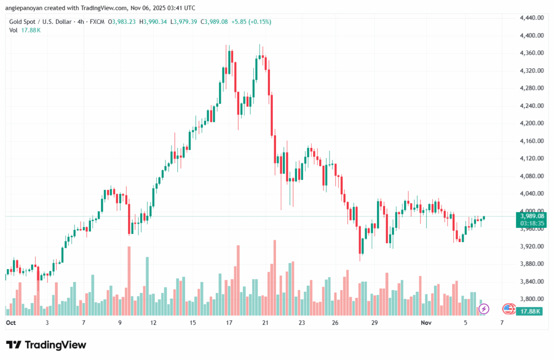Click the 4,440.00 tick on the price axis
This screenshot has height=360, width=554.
[531, 18]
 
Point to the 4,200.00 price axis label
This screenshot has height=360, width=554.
[531, 123]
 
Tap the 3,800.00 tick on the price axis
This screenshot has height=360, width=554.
[531, 299]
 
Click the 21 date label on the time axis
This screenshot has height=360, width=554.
[265, 323]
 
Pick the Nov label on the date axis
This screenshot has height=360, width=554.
[426, 323]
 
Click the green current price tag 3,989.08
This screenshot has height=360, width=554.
[531, 216]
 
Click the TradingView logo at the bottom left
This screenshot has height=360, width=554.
[46, 345]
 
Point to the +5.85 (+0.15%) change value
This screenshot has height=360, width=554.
[251, 22]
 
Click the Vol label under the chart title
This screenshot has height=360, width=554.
[14, 30]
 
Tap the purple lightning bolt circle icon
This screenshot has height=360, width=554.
[484, 309]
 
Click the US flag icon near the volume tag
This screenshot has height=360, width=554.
[507, 309]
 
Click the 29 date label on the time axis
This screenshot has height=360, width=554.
[374, 323]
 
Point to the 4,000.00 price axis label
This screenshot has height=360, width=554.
[531, 211]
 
